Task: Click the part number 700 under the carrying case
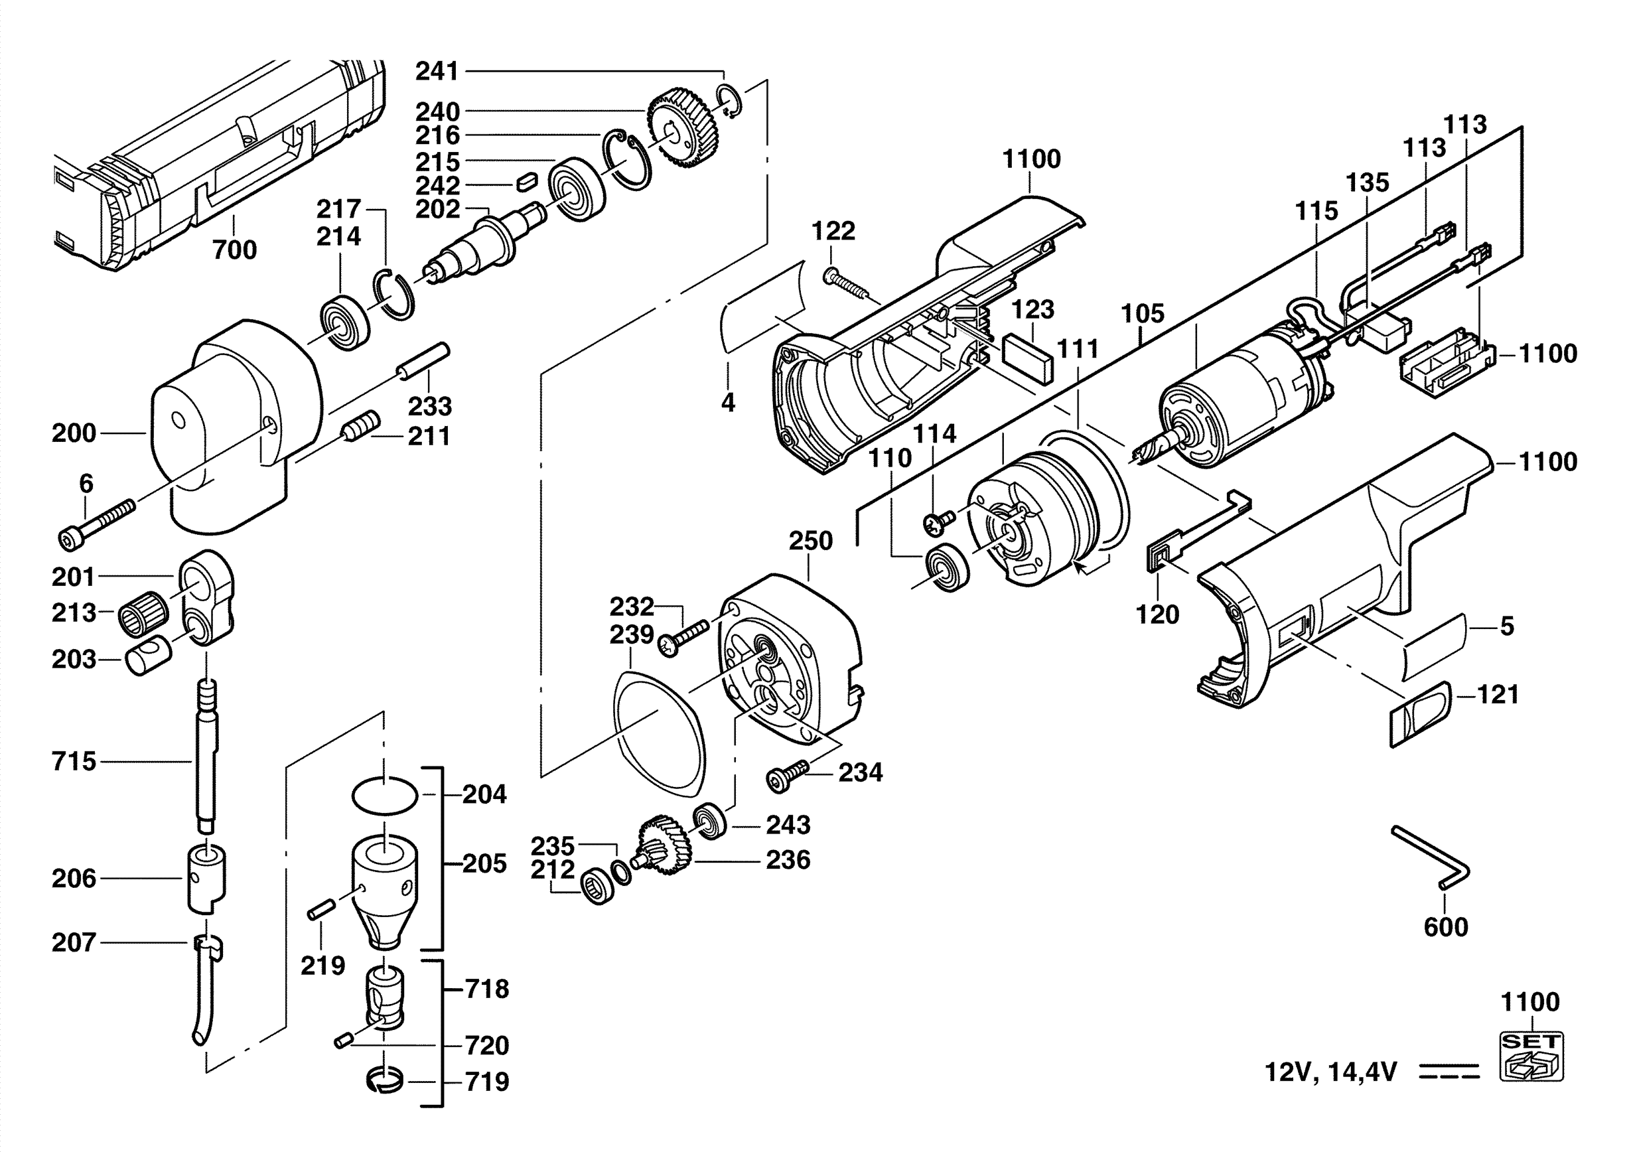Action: (235, 250)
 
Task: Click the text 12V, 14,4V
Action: (1331, 1072)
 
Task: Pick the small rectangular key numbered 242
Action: (526, 181)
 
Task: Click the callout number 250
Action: (810, 541)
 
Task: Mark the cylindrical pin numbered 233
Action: (423, 362)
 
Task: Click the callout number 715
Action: (74, 761)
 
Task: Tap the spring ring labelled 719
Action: (386, 1082)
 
